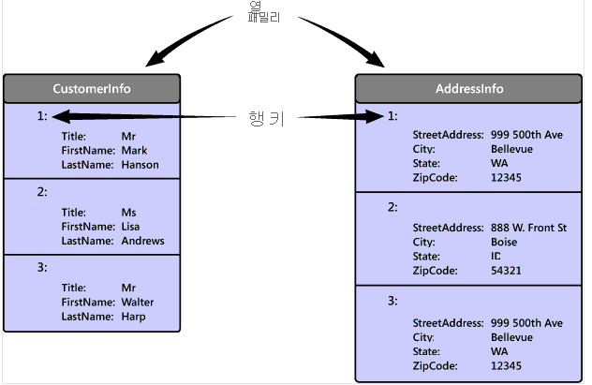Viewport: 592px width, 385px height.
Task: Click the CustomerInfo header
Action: point(92,89)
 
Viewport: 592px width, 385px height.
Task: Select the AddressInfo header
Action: point(468,89)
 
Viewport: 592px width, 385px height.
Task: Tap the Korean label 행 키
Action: point(266,118)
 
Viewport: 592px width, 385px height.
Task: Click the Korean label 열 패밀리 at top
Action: point(264,12)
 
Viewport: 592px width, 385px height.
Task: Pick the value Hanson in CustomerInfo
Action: point(141,165)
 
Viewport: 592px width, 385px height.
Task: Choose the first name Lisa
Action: point(130,227)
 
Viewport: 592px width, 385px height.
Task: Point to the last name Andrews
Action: point(142,241)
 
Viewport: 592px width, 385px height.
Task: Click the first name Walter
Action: point(138,302)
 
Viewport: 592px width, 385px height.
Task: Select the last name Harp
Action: point(133,317)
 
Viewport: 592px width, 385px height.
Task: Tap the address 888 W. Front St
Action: point(528,228)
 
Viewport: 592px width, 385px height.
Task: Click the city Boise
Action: point(504,242)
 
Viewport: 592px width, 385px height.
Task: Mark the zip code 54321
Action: point(506,271)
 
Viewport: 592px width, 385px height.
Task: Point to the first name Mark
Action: point(134,151)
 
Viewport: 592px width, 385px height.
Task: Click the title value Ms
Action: point(128,213)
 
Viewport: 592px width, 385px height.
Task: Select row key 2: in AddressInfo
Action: point(392,207)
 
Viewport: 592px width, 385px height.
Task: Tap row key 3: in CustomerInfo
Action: point(42,268)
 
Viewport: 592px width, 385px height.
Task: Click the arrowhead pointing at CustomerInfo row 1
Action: point(61,117)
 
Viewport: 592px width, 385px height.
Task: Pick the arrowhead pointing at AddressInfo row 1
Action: point(375,117)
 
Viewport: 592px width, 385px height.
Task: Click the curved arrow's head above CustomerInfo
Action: point(155,59)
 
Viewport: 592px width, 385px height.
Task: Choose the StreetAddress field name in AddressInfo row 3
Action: point(448,323)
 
